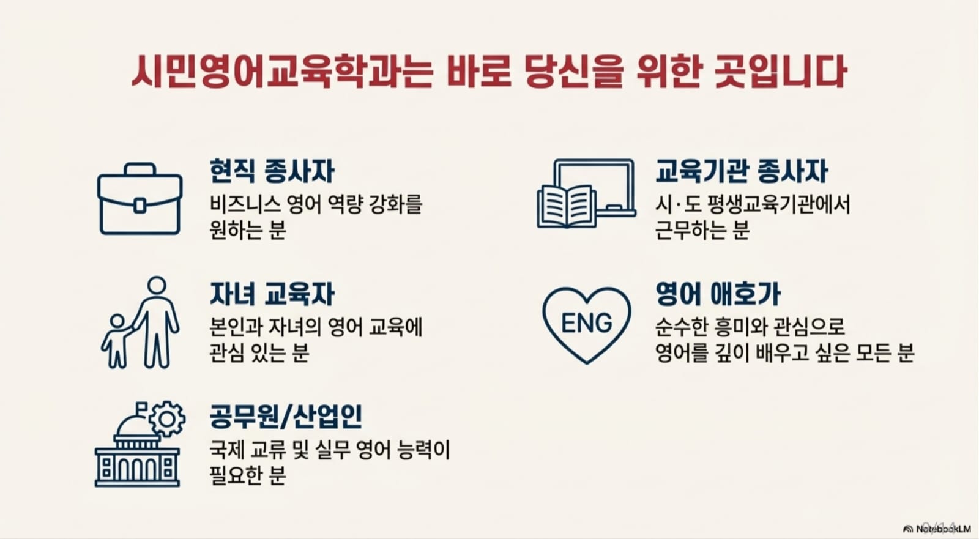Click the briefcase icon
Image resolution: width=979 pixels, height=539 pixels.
coord(140,199)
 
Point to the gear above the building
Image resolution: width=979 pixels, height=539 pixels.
coord(167,419)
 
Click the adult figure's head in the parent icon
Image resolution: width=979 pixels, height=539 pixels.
coord(157,286)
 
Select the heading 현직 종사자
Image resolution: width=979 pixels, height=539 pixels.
coord(272,171)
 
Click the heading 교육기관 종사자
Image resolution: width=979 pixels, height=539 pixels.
coord(741,171)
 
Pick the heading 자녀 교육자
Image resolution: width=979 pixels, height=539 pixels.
coord(272,294)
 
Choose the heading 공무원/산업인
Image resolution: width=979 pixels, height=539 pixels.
coord(286,417)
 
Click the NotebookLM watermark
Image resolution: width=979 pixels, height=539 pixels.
coord(937,529)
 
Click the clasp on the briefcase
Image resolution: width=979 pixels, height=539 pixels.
coord(140,206)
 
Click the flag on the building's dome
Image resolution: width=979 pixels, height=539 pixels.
coord(141,407)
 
